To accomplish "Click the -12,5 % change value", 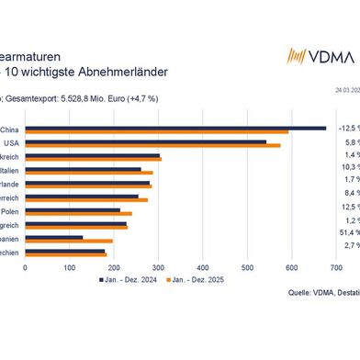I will tap(345, 129).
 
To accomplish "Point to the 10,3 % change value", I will tap(346, 169).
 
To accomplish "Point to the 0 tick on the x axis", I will tap(25, 268).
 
